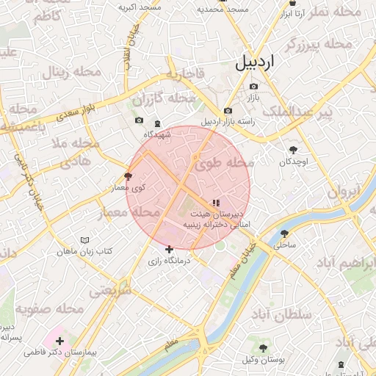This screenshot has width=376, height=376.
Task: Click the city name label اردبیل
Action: [x=265, y=62]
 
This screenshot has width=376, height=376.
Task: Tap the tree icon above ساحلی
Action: [x=283, y=234]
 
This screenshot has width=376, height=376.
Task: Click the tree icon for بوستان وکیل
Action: [x=264, y=347]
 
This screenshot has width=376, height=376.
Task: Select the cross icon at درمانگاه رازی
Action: [x=170, y=250]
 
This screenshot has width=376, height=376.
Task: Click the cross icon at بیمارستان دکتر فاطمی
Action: [x=59, y=341]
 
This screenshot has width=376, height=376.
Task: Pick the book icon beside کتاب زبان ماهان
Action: [x=84, y=240]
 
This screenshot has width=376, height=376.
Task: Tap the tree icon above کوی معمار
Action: [x=129, y=176]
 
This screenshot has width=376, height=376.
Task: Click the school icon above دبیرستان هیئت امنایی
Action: [x=215, y=203]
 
